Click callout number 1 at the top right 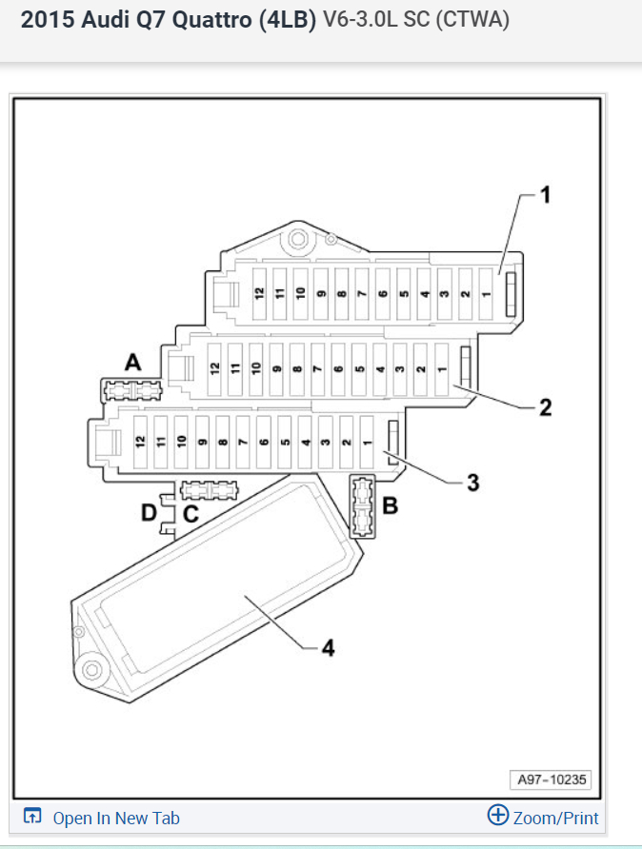pyautogui.click(x=546, y=196)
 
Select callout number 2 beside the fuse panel pyautogui.click(x=545, y=407)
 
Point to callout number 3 pyautogui.click(x=472, y=483)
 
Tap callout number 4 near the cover pyautogui.click(x=327, y=648)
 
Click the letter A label pyautogui.click(x=132, y=362)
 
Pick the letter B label pyautogui.click(x=389, y=506)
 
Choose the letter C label pyautogui.click(x=191, y=514)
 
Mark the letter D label pyautogui.click(x=150, y=514)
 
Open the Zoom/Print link pyautogui.click(x=544, y=817)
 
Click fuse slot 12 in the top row pyautogui.click(x=258, y=292)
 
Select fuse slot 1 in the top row pyautogui.click(x=486, y=292)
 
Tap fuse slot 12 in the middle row pyautogui.click(x=215, y=366)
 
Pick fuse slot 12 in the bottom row pyautogui.click(x=139, y=441)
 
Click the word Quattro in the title pyautogui.click(x=211, y=21)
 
